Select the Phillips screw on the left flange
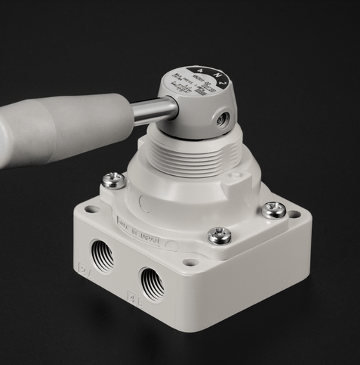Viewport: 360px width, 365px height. tap(113, 180)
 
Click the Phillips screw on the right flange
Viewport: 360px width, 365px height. tap(274, 209)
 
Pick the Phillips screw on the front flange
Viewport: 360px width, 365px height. tap(219, 235)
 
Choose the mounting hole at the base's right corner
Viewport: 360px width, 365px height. tap(293, 214)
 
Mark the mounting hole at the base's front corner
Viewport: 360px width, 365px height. tap(190, 263)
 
